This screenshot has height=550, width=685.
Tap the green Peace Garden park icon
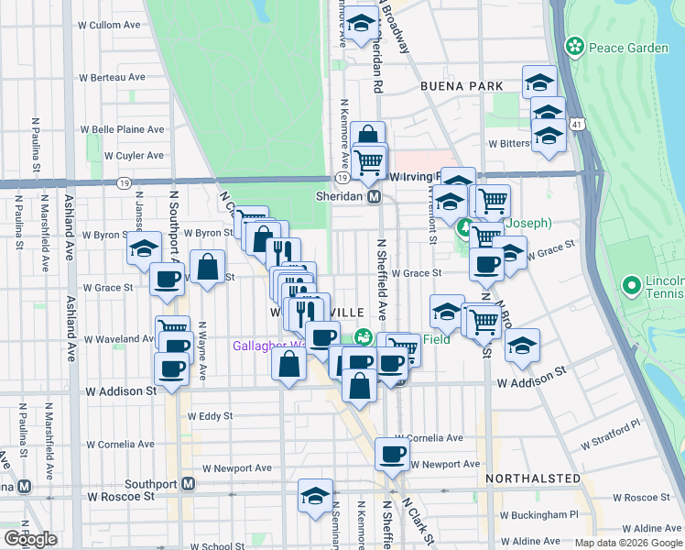pos(575,44)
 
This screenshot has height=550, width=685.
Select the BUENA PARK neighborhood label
pos(462,86)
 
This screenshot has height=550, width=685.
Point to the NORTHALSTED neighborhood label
pos(533,478)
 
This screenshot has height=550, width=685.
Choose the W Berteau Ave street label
pos(114,78)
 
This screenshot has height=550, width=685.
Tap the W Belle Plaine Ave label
pos(122,129)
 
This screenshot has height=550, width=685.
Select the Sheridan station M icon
pos(374,197)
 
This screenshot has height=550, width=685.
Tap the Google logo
pos(30,539)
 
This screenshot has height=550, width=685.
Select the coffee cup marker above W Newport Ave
pos(393,454)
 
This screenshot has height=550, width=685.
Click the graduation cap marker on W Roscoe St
pos(316,496)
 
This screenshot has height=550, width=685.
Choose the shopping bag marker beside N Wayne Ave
pos(208,267)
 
